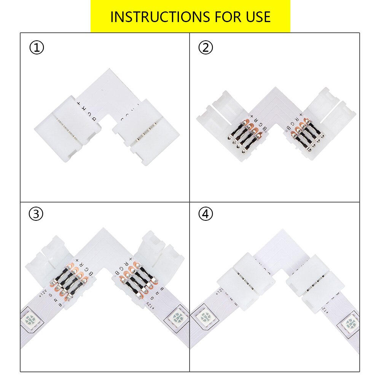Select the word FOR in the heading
[x=223, y=17]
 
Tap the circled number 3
[x=36, y=214]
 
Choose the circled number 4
[x=206, y=214]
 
